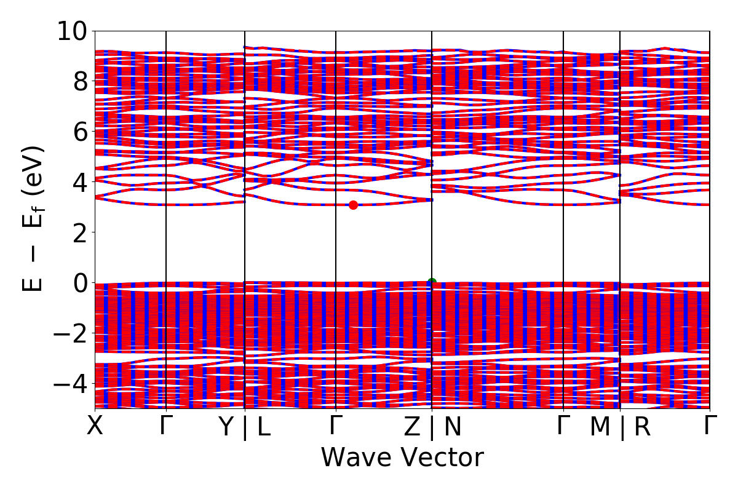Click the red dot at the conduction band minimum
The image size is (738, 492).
point(353,205)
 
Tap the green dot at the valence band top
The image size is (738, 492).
point(432,282)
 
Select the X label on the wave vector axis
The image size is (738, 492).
point(95,426)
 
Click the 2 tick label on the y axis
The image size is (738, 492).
point(80,232)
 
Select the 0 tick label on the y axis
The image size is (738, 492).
point(80,282)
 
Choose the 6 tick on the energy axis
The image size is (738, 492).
point(80,131)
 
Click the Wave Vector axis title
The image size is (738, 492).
point(402,458)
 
